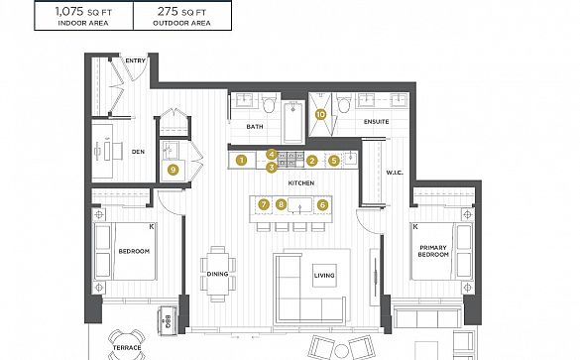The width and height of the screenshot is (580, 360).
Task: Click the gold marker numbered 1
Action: point(242,161)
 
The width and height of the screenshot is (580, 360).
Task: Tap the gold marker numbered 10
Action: point(320,114)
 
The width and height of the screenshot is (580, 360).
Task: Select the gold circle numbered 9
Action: point(173,170)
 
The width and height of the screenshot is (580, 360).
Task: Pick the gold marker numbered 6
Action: point(322,204)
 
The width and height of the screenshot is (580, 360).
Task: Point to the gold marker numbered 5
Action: point(334,161)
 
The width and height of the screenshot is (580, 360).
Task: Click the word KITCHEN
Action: point(301,182)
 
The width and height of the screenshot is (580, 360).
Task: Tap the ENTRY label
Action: point(135,60)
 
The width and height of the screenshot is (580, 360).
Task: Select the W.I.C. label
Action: point(395,173)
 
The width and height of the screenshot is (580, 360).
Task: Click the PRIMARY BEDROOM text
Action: point(433,251)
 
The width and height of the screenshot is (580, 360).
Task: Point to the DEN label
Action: point(138,152)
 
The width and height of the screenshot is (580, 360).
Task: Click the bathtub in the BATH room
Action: point(293,122)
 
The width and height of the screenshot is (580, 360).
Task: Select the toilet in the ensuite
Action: point(344,103)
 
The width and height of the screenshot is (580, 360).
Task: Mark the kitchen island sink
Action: point(300,205)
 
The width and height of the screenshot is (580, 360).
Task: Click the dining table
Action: point(217,274)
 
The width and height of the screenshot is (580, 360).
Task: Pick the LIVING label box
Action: point(324,276)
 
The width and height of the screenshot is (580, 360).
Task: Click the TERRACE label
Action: point(127,348)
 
